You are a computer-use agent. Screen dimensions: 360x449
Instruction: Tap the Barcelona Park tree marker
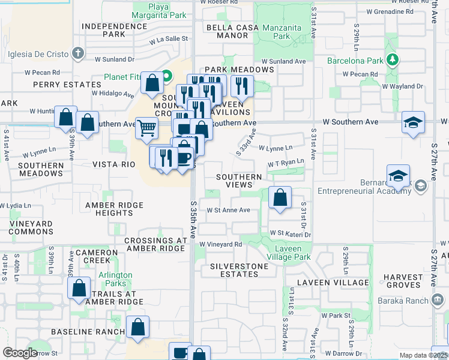point(393,60)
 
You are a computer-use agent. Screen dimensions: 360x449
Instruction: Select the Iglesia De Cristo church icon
point(77,53)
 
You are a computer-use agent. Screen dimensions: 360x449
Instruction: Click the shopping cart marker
point(146,128)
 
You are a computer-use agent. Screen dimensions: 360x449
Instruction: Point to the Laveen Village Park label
point(285,253)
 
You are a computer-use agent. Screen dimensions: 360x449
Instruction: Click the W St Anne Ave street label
point(228,210)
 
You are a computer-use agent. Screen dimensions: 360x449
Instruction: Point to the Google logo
point(20,353)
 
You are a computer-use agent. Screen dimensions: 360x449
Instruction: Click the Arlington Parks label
point(116,279)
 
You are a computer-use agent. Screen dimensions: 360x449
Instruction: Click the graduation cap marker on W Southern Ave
point(412,124)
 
